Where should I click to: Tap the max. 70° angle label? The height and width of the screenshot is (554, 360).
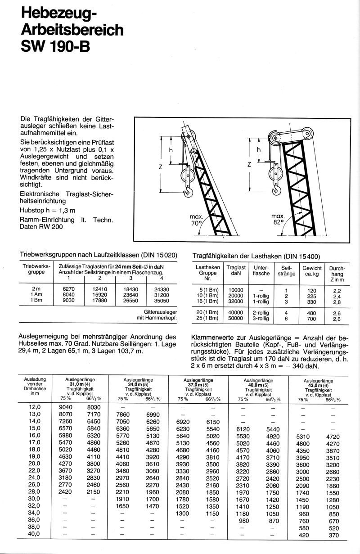(x=197, y=219)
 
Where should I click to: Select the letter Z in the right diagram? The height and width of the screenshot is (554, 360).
(x=249, y=165)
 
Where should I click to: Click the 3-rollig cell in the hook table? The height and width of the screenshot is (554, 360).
(x=261, y=318)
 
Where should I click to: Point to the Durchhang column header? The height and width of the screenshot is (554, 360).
(x=337, y=270)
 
